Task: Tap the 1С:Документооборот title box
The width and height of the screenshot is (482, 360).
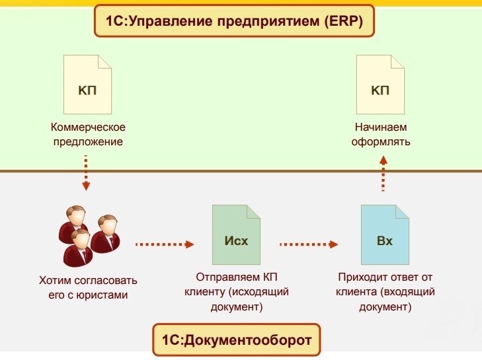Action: coord(236,341)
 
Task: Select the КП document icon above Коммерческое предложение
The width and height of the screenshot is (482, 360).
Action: coord(87,85)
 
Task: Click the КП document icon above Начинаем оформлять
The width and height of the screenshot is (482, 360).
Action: coord(380,85)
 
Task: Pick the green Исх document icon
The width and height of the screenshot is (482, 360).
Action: coord(236,234)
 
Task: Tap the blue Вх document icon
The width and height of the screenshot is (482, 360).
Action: coord(385,234)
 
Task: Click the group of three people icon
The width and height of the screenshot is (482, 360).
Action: coord(87,234)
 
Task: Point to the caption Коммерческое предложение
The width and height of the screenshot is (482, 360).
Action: coord(88,133)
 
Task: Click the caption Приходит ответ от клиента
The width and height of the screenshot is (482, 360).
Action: coord(385,285)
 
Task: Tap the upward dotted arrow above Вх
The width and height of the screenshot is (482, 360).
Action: coord(383,173)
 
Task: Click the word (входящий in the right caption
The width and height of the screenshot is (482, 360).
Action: coord(408,292)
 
